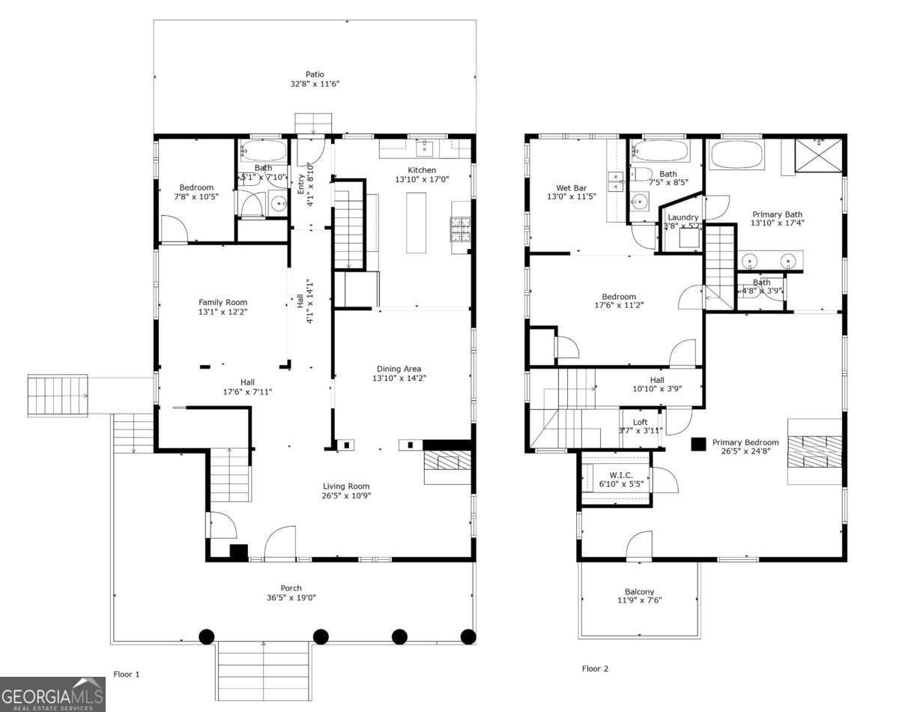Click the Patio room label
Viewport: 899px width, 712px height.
(x=315, y=74)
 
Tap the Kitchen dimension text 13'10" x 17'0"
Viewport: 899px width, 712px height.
(x=421, y=180)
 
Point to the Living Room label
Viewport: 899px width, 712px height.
(x=346, y=486)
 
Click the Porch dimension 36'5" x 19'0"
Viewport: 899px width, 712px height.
(x=291, y=598)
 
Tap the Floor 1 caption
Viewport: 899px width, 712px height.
(x=126, y=675)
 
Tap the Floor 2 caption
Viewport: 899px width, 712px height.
(x=595, y=669)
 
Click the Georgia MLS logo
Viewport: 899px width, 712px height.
(x=52, y=694)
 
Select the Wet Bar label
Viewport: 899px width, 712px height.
(x=572, y=187)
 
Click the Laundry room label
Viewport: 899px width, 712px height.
(x=682, y=217)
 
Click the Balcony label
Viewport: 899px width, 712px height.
(x=639, y=591)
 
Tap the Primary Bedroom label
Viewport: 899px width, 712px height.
(x=745, y=442)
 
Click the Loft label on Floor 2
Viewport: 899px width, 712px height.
(x=640, y=422)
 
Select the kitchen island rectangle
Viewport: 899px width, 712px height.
(x=417, y=223)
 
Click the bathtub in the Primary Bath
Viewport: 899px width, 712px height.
(x=737, y=156)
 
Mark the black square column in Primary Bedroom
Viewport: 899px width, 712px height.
(x=698, y=444)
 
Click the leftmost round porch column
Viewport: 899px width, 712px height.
(x=207, y=636)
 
